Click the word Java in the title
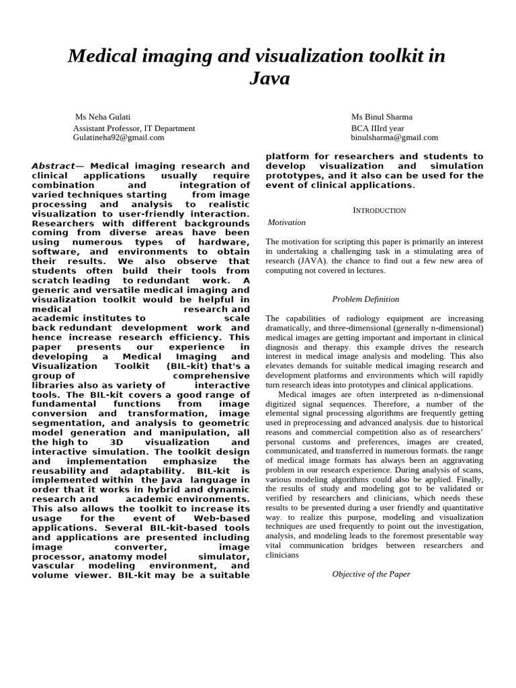pyautogui.click(x=269, y=79)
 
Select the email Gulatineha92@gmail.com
pyautogui.click(x=118, y=137)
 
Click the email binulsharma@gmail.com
pyautogui.click(x=394, y=137)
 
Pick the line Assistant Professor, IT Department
pyautogui.click(x=134, y=128)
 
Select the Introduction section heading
pyautogui.click(x=380, y=210)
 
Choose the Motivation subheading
pyautogui.click(x=286, y=222)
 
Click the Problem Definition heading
pyautogui.click(x=365, y=299)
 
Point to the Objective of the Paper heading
pyautogui.click(x=371, y=574)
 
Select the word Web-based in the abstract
pyautogui.click(x=222, y=519)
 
